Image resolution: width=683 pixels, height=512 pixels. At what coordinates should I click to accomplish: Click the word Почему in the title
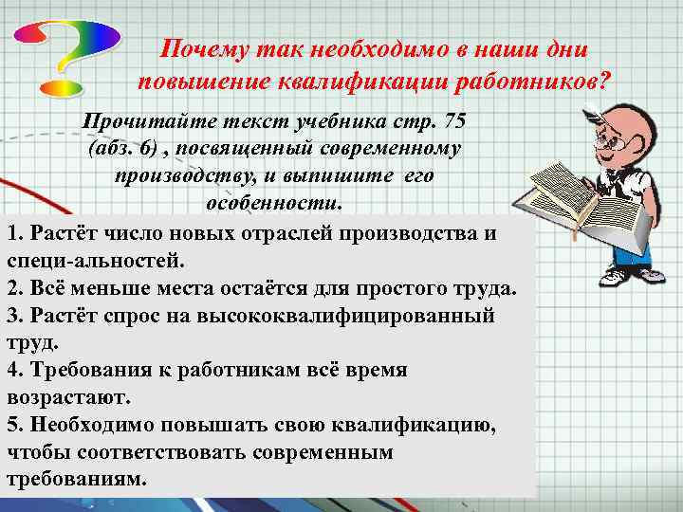(205, 48)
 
